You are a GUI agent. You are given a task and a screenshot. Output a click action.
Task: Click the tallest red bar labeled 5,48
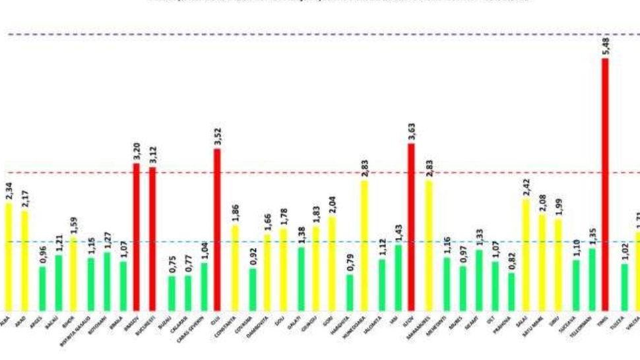coord(604,185)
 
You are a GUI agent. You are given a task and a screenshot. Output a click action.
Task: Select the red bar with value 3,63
coord(410,227)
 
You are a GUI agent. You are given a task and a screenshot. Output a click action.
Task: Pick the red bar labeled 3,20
coord(137,237)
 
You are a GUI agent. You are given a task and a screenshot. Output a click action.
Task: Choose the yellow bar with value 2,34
coord(9,256)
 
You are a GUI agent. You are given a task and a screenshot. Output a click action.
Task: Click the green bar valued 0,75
coord(172,293)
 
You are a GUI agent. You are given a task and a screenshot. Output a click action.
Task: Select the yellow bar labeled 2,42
coord(525,255)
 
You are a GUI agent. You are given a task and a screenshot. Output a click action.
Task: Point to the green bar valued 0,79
coord(350,292)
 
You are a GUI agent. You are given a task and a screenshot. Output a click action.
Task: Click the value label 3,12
coord(153,156)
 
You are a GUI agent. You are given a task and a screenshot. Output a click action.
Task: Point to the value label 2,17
coord(25,199)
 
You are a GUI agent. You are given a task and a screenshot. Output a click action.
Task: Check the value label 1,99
coord(558,208)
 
